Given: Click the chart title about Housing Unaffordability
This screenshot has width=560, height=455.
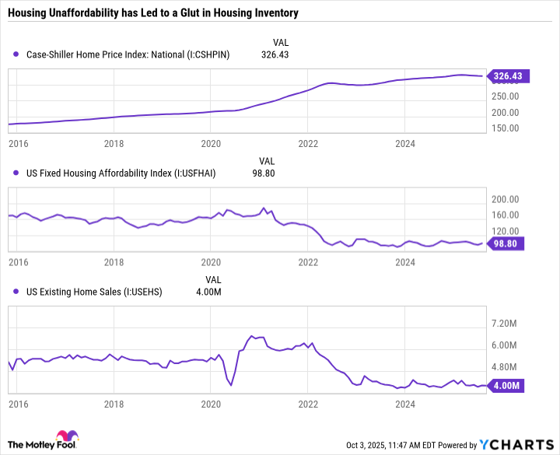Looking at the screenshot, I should tap(152, 14).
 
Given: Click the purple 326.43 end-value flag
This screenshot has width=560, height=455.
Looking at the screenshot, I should tap(506, 76).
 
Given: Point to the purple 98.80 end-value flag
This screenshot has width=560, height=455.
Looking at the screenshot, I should tap(506, 244).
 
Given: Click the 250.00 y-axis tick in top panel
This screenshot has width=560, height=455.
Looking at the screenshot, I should tap(504, 96).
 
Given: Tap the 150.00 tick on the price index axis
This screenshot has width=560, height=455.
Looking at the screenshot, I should tap(504, 128).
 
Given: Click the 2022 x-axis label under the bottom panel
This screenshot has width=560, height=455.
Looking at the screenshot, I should tap(308, 404).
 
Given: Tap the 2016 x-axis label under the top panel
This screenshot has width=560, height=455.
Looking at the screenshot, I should tap(17, 144).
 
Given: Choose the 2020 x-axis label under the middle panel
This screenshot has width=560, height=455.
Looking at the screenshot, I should tap(211, 262).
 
